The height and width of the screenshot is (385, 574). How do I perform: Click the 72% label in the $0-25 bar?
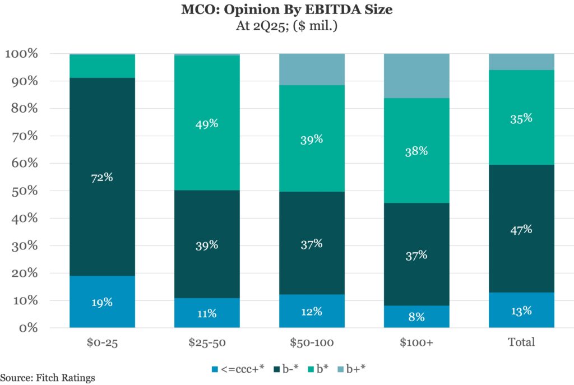[103, 177]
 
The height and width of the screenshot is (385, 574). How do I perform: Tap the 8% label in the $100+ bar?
[416, 317]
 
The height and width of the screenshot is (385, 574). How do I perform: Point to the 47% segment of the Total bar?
[521, 229]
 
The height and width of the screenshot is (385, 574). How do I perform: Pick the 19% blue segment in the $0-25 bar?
[103, 301]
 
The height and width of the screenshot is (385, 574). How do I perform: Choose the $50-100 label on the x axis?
[312, 342]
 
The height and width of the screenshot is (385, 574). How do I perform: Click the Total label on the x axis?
[521, 342]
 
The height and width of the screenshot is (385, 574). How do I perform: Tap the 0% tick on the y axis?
[27, 328]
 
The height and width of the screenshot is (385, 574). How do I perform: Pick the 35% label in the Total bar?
[521, 118]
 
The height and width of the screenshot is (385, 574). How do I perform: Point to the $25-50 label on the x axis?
[207, 342]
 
